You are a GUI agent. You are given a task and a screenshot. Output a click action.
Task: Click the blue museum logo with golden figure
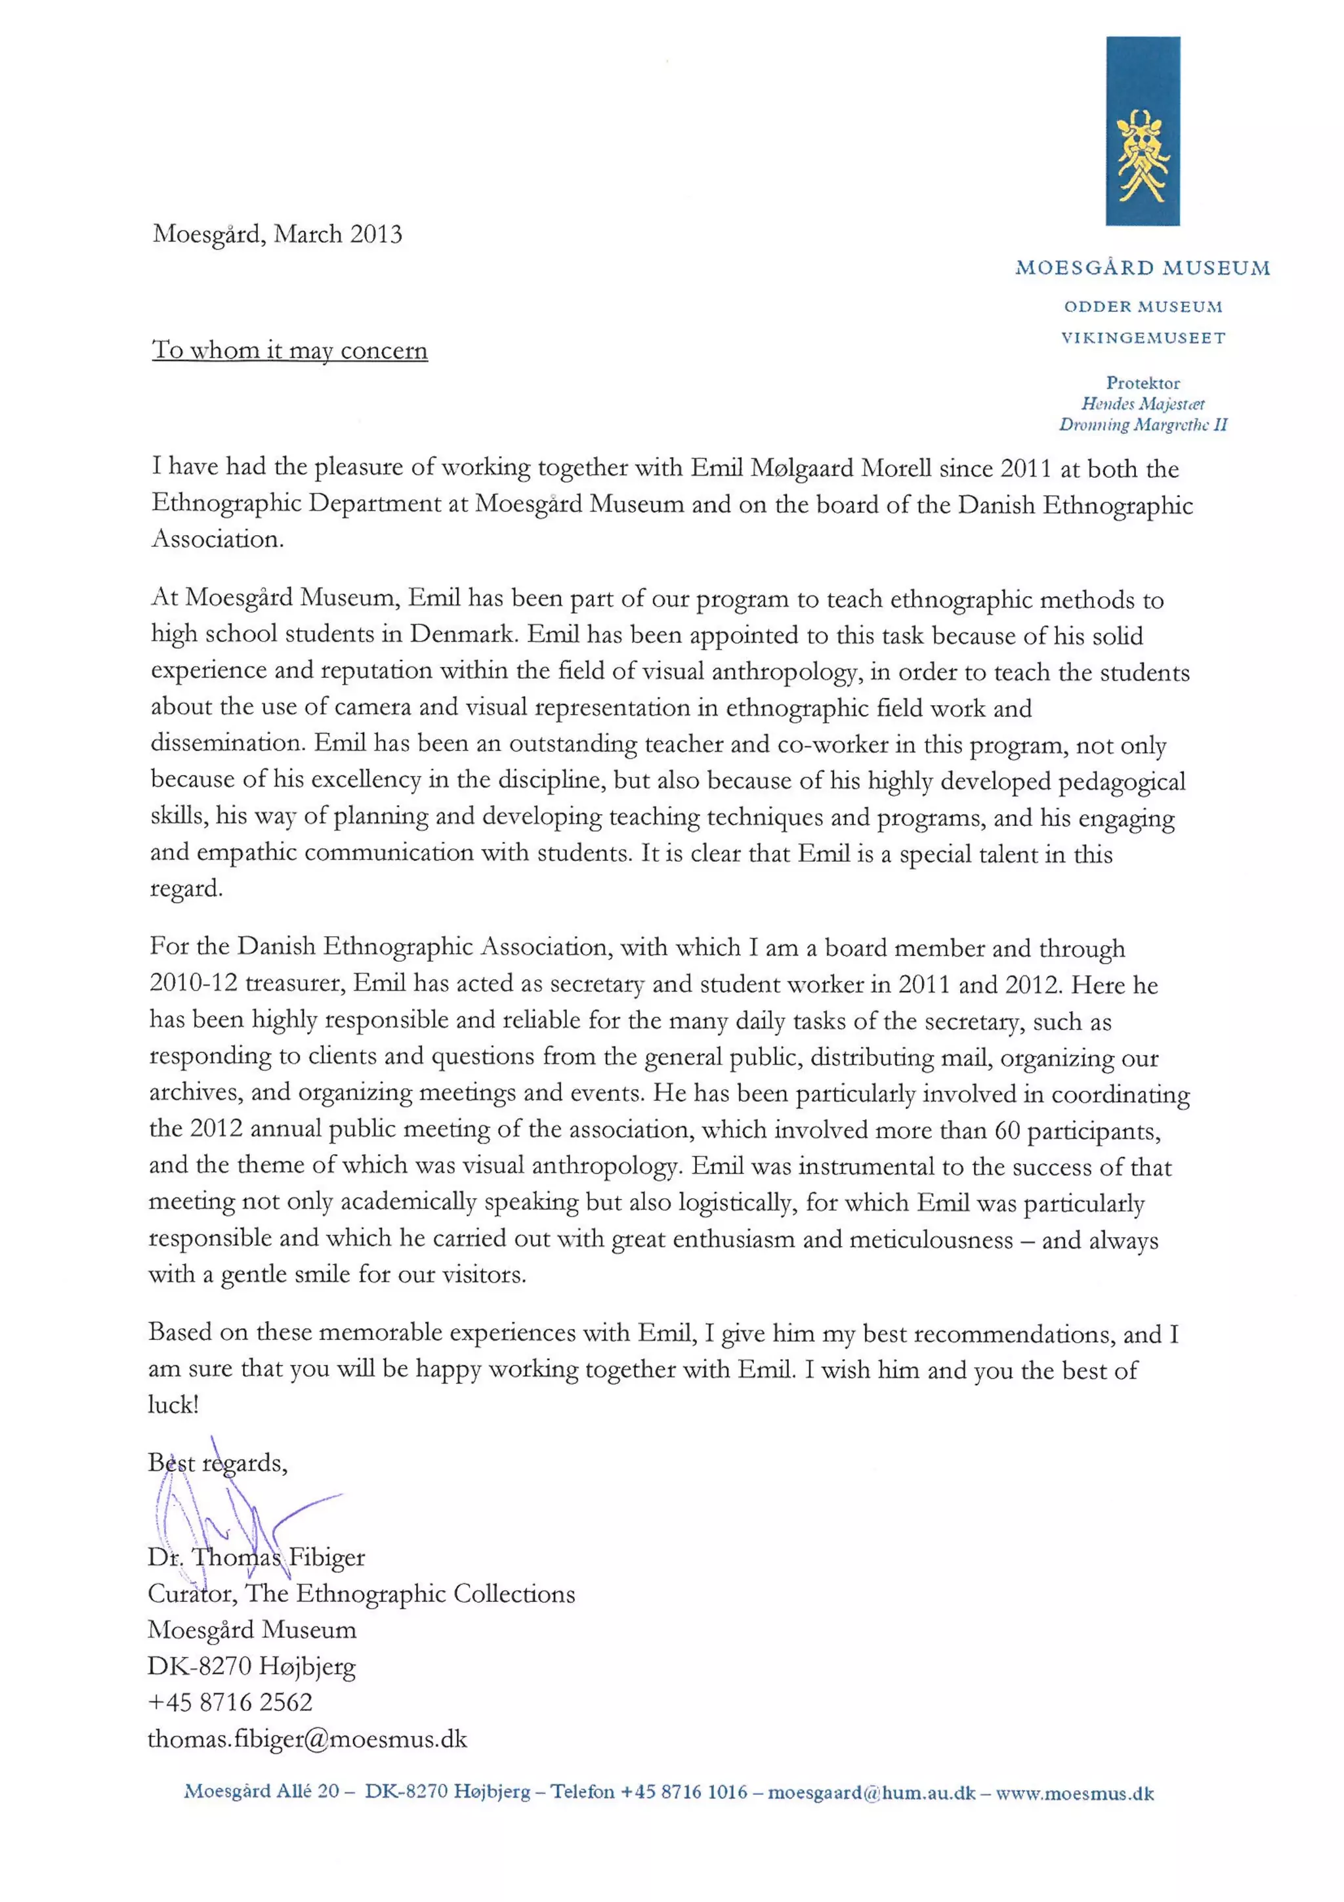1142,131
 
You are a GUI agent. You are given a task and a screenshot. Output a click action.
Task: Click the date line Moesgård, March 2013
278,234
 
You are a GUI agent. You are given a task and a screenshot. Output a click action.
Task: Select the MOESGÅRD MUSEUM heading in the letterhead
1142,268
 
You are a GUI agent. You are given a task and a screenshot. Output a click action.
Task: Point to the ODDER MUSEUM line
1142,307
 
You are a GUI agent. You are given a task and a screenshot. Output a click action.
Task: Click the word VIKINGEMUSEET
1142,337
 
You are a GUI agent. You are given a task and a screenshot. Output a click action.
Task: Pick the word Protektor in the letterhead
1142,383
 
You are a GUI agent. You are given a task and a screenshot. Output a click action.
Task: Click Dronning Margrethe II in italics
1142,425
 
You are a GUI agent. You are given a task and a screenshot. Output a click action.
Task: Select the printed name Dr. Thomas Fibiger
256,1558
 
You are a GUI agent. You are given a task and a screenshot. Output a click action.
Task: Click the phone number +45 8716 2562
230,1702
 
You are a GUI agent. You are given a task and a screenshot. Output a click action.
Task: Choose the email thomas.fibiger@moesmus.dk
307,1739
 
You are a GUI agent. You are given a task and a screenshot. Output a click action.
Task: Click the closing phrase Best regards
217,1463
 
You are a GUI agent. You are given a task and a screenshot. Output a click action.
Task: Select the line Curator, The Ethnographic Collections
361,1594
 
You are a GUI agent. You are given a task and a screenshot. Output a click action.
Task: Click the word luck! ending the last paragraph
173,1405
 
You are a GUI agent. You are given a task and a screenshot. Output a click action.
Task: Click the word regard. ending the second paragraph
186,890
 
